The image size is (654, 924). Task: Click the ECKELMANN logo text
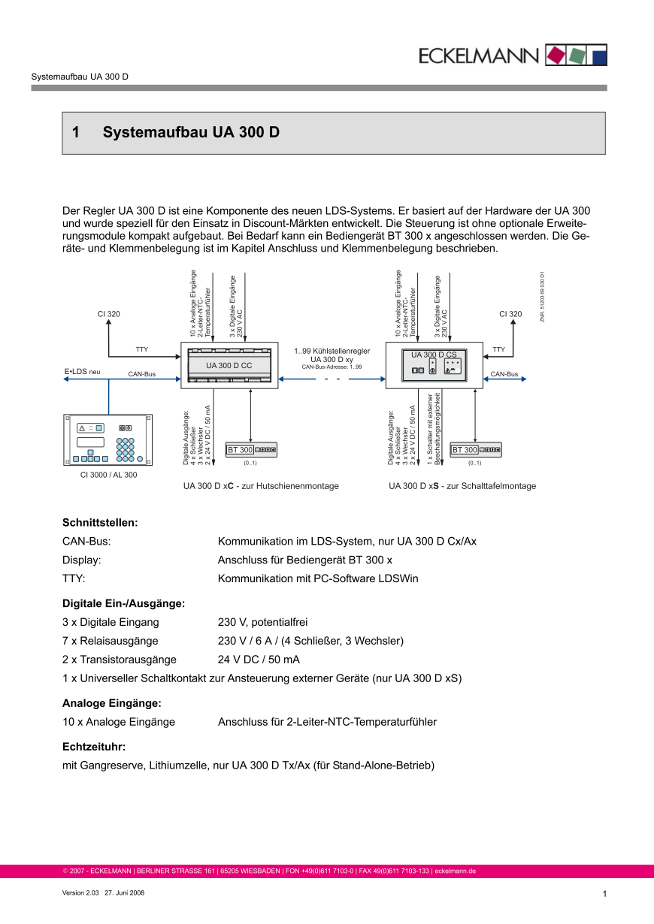click(x=479, y=56)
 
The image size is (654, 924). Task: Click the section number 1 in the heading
click(x=76, y=133)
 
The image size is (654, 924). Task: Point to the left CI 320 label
click(x=108, y=314)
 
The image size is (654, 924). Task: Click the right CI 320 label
click(x=510, y=314)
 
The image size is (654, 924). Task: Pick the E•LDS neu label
click(x=82, y=372)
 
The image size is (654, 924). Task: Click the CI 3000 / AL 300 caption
click(x=109, y=475)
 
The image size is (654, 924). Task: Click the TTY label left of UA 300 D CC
click(x=142, y=349)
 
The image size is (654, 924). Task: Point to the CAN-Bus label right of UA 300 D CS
click(x=504, y=373)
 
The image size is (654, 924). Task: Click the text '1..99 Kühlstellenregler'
click(x=332, y=351)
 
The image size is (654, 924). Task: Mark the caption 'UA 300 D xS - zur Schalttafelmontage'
click(x=462, y=486)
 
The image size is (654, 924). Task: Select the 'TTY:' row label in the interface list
click(x=74, y=578)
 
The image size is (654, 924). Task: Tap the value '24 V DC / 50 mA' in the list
click(x=259, y=660)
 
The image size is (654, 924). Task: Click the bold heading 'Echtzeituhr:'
click(x=93, y=747)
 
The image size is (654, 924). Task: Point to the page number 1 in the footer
click(x=604, y=893)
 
